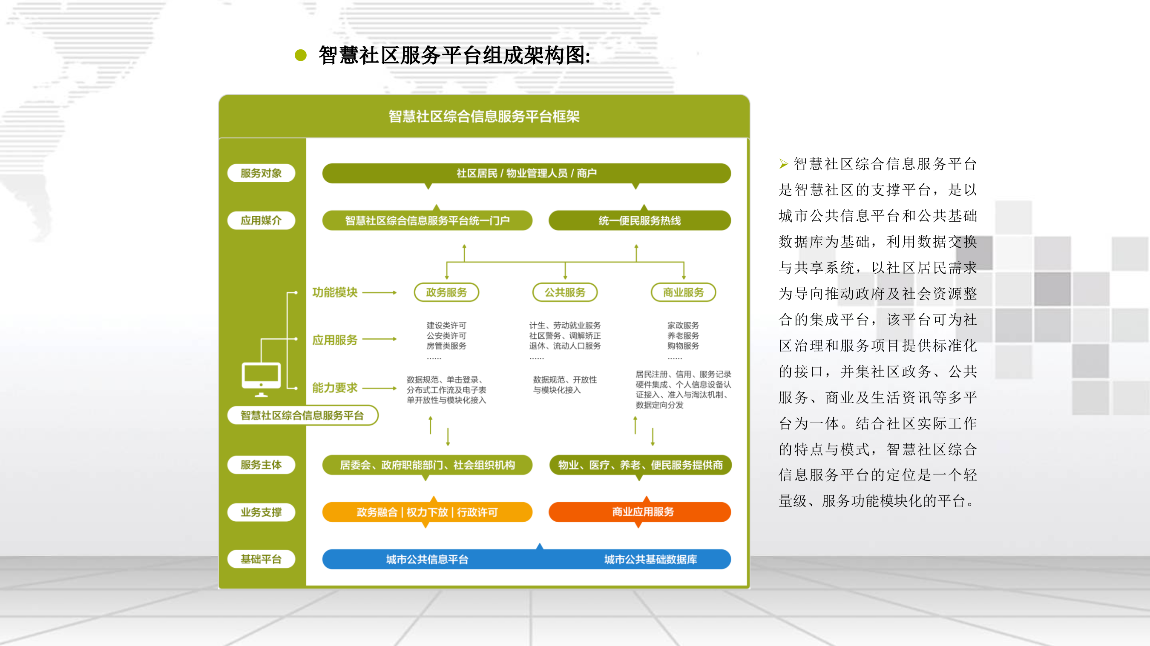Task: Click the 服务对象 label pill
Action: [x=261, y=173]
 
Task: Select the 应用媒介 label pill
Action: [x=261, y=220]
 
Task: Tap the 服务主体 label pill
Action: [x=261, y=465]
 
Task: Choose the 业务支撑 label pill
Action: [x=261, y=512]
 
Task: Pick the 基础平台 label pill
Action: [x=261, y=559]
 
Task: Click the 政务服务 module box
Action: [x=446, y=292]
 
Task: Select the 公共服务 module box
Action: [x=565, y=292]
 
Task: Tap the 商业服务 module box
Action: [x=683, y=292]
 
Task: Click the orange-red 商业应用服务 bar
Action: [x=639, y=512]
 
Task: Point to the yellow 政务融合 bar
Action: [x=427, y=512]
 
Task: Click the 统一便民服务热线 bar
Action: [x=639, y=220]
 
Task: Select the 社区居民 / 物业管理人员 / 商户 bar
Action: [x=526, y=173]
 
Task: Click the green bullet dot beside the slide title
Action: [x=301, y=55]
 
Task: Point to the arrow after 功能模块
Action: [x=379, y=293]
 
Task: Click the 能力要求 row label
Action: [x=335, y=388]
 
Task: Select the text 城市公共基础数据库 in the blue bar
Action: [x=650, y=560]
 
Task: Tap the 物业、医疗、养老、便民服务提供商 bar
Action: [x=640, y=465]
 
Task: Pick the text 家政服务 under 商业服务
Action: [x=683, y=325]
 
